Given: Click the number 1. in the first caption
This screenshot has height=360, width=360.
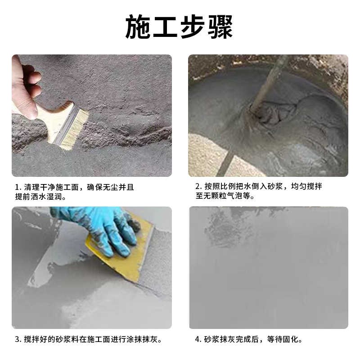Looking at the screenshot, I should (18, 187).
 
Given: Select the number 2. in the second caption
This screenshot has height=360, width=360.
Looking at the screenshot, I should (198, 187).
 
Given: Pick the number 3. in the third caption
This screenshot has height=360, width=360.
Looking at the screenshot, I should (18, 339).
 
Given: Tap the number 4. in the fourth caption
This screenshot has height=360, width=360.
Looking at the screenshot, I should (198, 339).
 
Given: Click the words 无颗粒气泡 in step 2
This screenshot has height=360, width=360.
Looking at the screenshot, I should (227, 197).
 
